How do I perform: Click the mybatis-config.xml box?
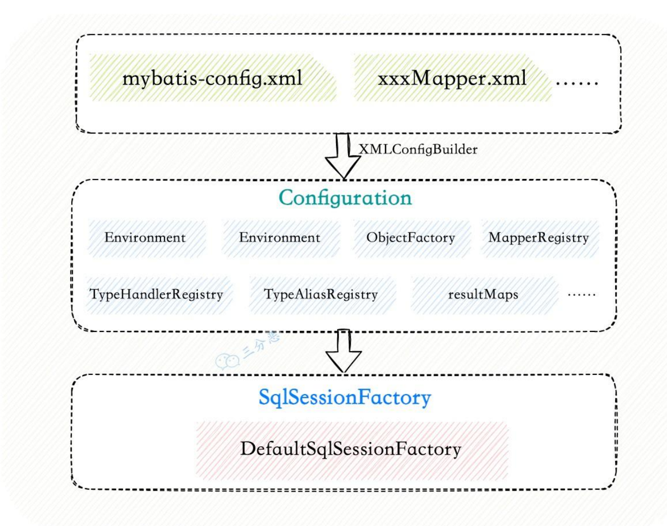(x=212, y=78)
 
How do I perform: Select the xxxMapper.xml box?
(x=452, y=78)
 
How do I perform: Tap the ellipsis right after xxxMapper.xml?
(x=577, y=80)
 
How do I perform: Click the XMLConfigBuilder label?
(x=418, y=149)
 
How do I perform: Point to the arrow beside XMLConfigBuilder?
(x=343, y=156)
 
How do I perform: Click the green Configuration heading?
(x=345, y=198)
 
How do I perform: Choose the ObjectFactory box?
(x=411, y=238)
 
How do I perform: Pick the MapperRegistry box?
(x=539, y=238)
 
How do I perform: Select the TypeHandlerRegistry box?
(x=156, y=295)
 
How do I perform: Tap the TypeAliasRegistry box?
(x=321, y=295)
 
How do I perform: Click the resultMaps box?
(x=483, y=295)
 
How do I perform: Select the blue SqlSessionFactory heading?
(x=345, y=398)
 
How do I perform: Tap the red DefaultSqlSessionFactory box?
(x=351, y=449)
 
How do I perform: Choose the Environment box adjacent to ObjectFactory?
(x=280, y=238)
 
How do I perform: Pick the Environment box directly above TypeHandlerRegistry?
(x=145, y=238)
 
